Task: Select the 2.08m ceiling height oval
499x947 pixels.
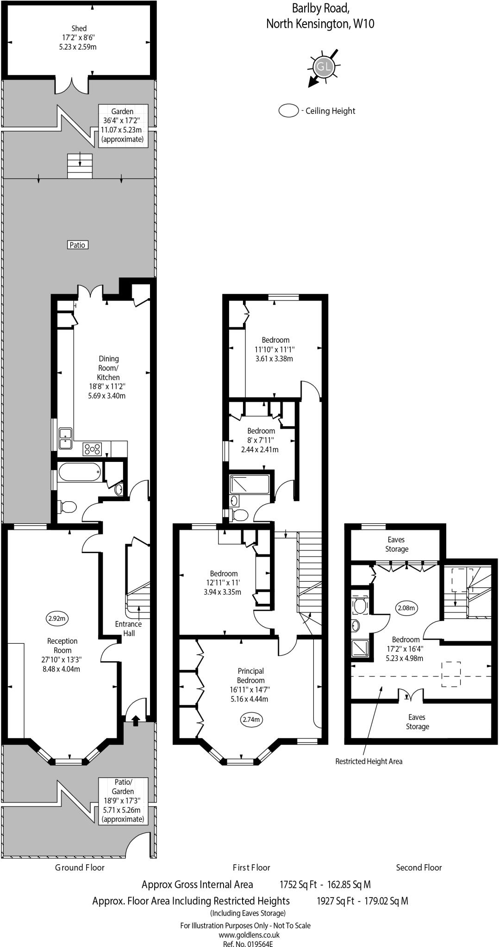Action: tap(406, 608)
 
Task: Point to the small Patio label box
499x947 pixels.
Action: tap(77, 245)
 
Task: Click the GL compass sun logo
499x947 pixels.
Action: tap(324, 68)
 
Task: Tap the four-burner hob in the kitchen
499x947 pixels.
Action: tap(92, 448)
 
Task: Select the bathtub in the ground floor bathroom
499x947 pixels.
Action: tap(79, 472)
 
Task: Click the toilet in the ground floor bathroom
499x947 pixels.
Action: tap(68, 507)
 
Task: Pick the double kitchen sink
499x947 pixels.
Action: tap(65, 438)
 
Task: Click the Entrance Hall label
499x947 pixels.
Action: tap(129, 628)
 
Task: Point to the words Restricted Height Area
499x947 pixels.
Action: tap(368, 761)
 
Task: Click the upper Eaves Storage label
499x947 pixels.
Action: tap(396, 544)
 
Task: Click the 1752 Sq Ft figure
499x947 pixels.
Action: tap(298, 885)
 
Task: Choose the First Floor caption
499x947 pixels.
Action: tap(251, 867)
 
